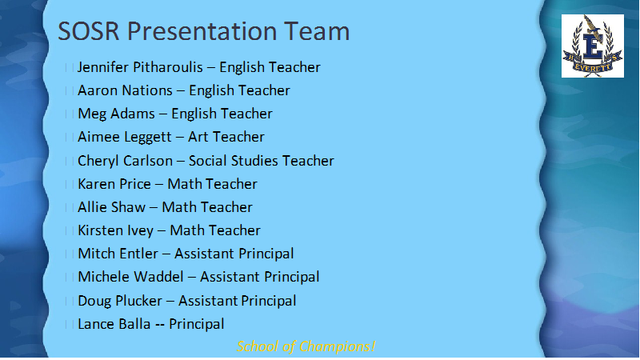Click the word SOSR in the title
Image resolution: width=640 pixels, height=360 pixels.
(89, 31)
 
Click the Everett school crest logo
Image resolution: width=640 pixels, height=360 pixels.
(592, 46)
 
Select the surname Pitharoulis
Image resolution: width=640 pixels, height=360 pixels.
(169, 67)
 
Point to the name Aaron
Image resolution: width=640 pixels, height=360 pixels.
(96, 90)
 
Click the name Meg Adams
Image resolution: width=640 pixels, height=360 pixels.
(116, 114)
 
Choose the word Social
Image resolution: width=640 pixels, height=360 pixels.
(208, 161)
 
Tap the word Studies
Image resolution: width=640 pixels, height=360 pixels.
(254, 161)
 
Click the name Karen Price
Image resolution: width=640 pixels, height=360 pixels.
(114, 184)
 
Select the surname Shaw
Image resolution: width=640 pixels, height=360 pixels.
(128, 207)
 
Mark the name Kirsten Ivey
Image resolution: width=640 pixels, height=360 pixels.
(115, 230)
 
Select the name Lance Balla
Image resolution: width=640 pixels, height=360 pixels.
(114, 324)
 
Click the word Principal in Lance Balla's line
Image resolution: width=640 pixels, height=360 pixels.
(197, 325)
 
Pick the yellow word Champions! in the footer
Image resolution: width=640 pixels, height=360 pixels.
(337, 346)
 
